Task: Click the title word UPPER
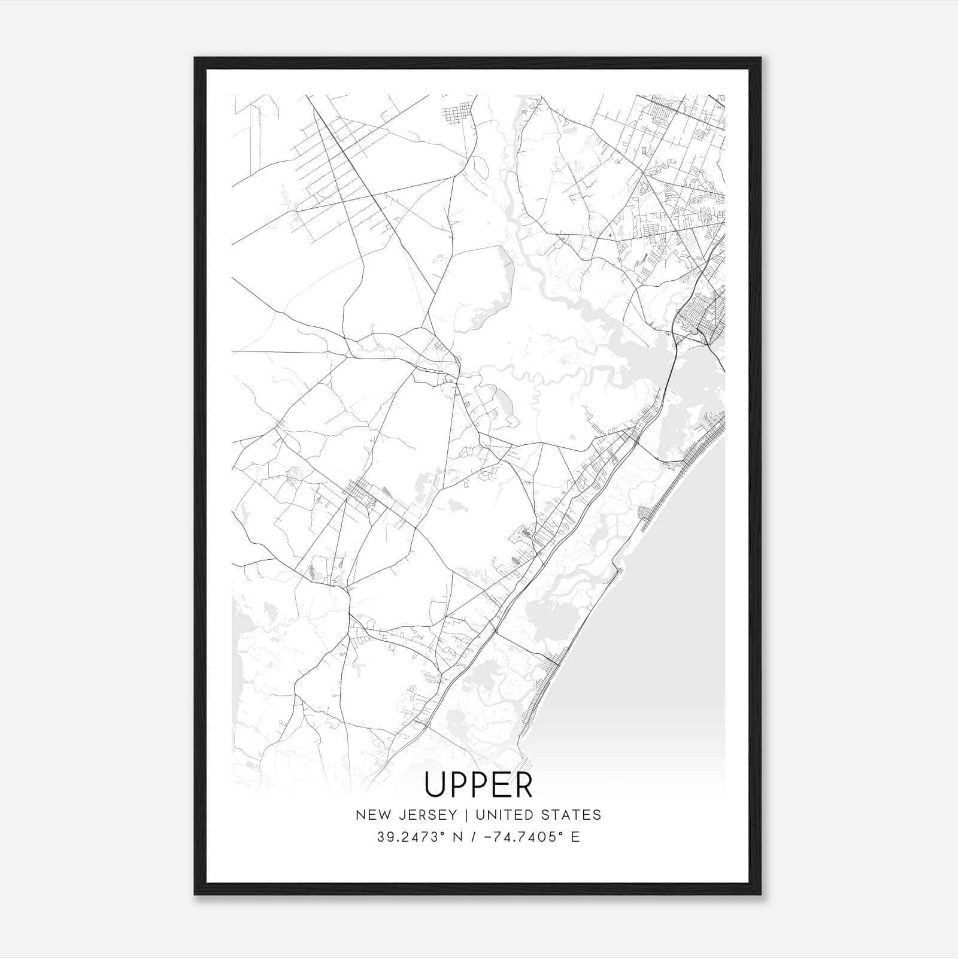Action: (x=478, y=784)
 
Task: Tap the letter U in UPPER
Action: (x=434, y=784)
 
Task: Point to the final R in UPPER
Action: (x=523, y=784)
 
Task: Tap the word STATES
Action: (x=573, y=815)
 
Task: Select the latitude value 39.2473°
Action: (x=408, y=837)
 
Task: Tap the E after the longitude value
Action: (x=575, y=837)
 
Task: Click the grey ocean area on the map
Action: (x=659, y=629)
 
